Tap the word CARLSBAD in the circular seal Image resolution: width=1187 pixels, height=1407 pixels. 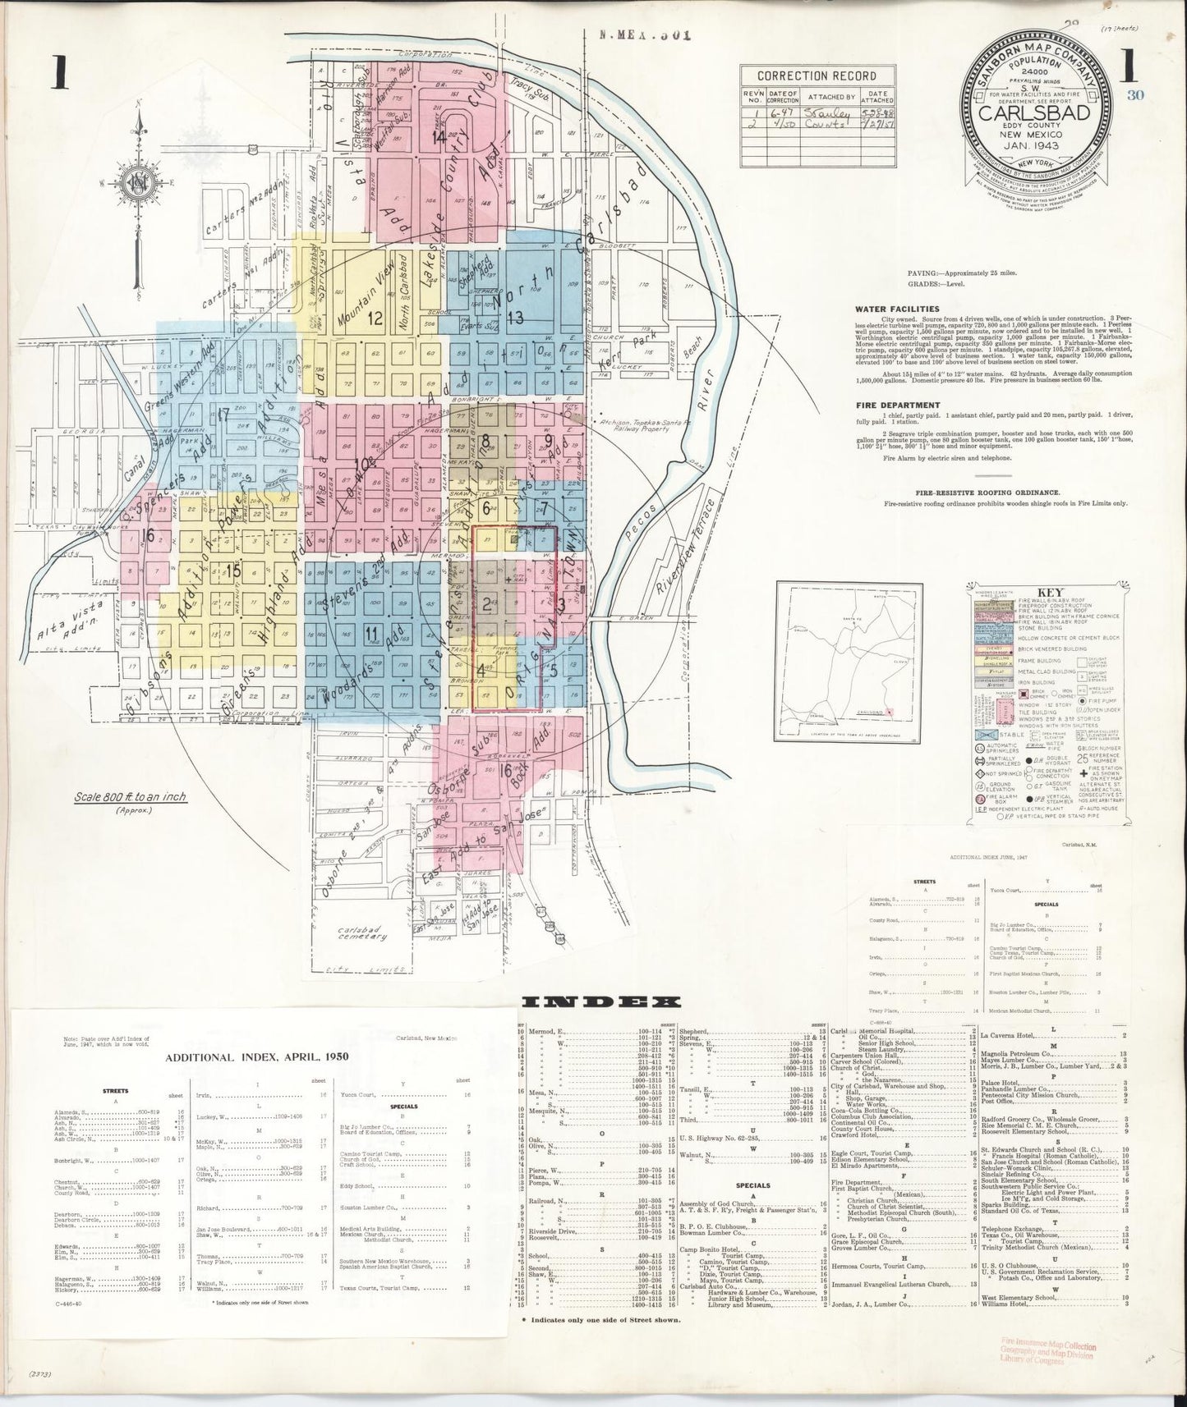coord(1033,112)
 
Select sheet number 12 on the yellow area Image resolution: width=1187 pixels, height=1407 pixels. coord(376,317)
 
